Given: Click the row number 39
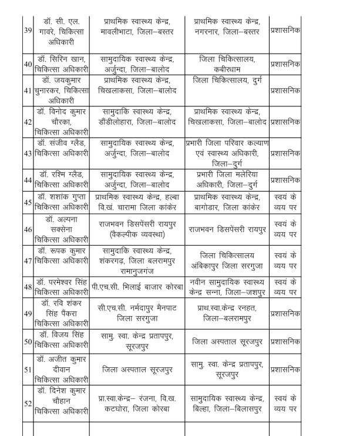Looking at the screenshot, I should click(x=27, y=29).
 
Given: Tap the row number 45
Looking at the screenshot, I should click(x=27, y=202).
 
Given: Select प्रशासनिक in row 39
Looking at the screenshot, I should click(x=285, y=29).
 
